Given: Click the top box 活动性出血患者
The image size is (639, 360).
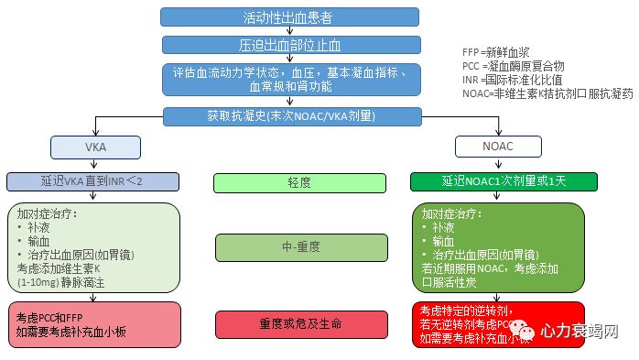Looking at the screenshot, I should (x=289, y=16).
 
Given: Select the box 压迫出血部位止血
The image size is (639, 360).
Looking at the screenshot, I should (x=289, y=44).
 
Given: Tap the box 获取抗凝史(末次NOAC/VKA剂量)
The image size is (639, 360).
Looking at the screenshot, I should (x=289, y=115).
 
